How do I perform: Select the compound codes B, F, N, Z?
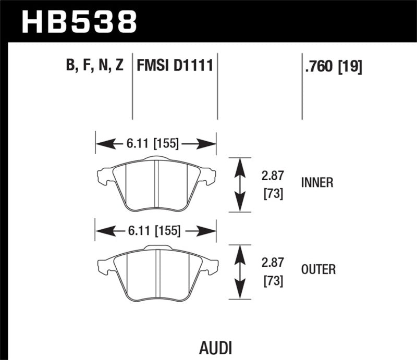coord(94,66)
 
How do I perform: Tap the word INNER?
coord(317,183)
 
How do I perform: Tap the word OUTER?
coord(318,269)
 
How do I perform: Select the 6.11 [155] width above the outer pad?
coord(155,230)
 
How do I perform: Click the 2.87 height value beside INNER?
coord(272,177)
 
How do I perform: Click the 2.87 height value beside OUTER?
coord(272,263)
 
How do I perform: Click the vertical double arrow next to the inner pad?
coord(239,184)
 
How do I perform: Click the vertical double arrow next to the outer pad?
coord(239,271)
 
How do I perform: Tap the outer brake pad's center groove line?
coord(158,271)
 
